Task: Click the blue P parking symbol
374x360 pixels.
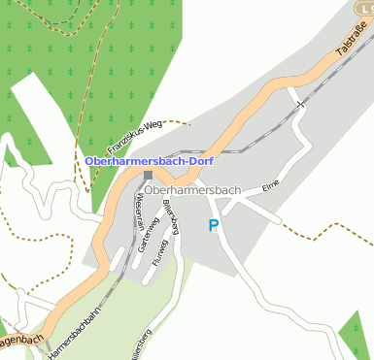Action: click(214, 226)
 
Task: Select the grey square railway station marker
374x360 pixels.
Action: click(148, 176)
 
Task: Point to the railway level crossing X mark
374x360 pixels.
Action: click(301, 101)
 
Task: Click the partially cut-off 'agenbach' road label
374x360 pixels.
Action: click(21, 342)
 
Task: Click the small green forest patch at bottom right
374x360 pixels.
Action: click(357, 335)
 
